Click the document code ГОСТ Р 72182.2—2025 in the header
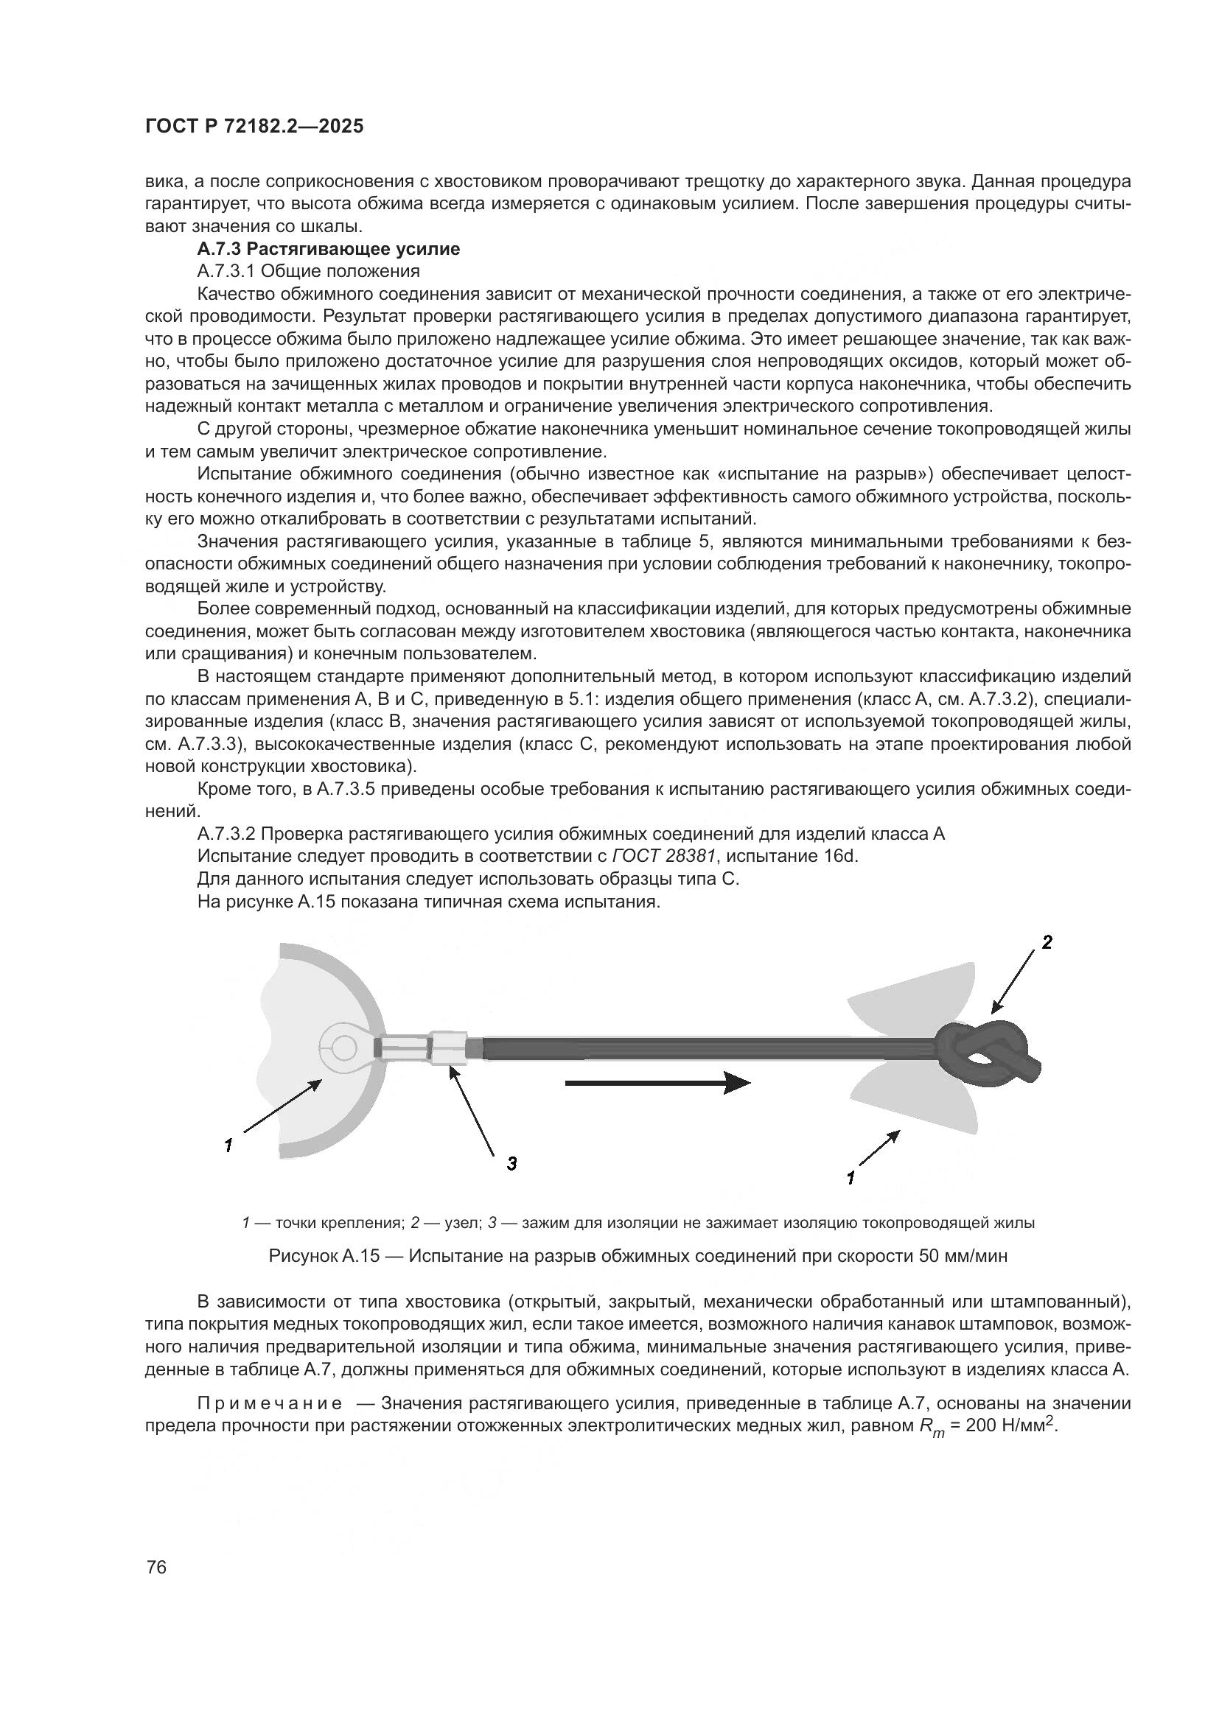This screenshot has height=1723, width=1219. tap(254, 127)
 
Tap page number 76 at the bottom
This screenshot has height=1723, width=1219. tap(156, 1568)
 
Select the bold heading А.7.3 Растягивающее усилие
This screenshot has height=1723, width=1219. tap(329, 248)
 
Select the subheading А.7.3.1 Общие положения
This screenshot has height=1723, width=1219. tap(308, 271)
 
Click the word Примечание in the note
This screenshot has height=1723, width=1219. tap(270, 1403)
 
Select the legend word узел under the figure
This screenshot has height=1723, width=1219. tap(456, 1223)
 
